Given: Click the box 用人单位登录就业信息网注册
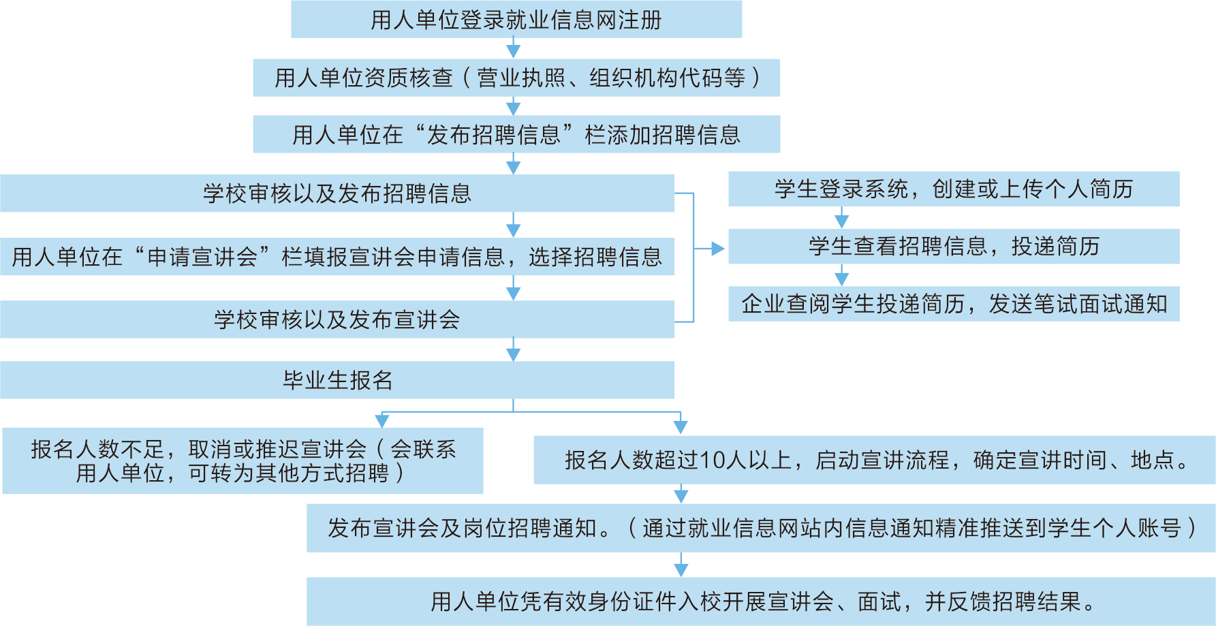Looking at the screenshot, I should [x=516, y=20].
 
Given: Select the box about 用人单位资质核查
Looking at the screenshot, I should [x=516, y=78].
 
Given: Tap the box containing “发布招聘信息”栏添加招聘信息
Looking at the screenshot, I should [x=516, y=134].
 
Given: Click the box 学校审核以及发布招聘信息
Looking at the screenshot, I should [x=337, y=193].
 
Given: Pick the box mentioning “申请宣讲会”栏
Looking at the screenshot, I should [x=337, y=256].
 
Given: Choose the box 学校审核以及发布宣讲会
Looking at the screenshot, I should [x=337, y=319].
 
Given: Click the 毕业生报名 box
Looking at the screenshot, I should [x=337, y=379].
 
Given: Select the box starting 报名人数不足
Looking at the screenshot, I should [x=243, y=460].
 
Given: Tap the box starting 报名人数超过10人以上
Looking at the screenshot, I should [x=874, y=460].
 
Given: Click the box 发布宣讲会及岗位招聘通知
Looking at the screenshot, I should [x=760, y=528].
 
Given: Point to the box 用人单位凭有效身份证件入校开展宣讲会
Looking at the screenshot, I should [x=760, y=601].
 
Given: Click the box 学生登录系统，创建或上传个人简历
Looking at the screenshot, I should [x=954, y=189].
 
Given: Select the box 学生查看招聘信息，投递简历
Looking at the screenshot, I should [x=954, y=246].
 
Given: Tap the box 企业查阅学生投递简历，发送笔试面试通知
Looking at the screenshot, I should [x=954, y=304].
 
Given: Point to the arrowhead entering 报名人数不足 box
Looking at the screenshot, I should [x=382, y=421].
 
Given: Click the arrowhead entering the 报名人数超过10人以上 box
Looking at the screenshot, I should [x=680, y=427].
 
